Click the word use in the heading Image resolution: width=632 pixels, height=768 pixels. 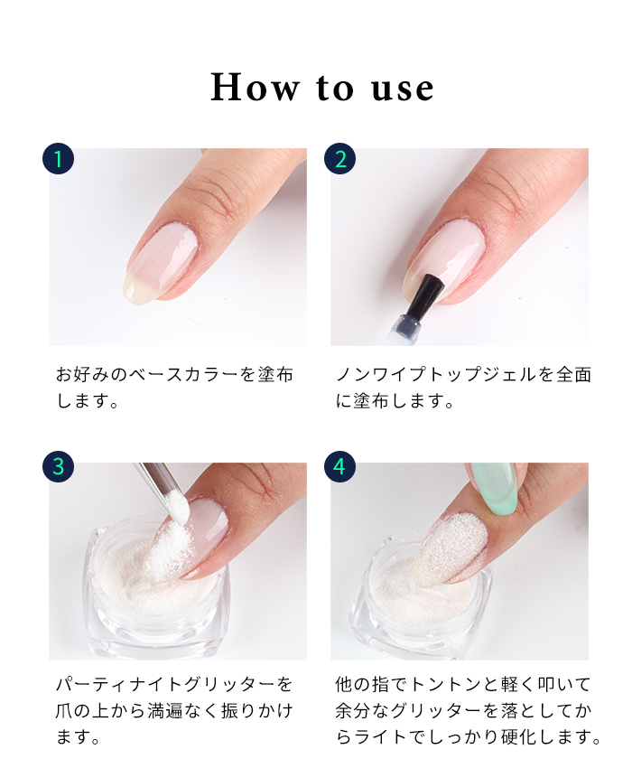pos(403,89)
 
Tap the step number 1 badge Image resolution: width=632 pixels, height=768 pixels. pos(59,159)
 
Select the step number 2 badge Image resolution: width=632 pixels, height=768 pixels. pos(340,159)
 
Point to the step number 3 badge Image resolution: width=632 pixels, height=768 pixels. pos(59,466)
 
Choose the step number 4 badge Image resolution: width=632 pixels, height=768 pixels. pos(340,466)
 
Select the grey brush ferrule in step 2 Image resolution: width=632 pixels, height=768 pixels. pos(409,326)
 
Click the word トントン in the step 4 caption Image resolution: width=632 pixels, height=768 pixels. pos(445,684)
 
